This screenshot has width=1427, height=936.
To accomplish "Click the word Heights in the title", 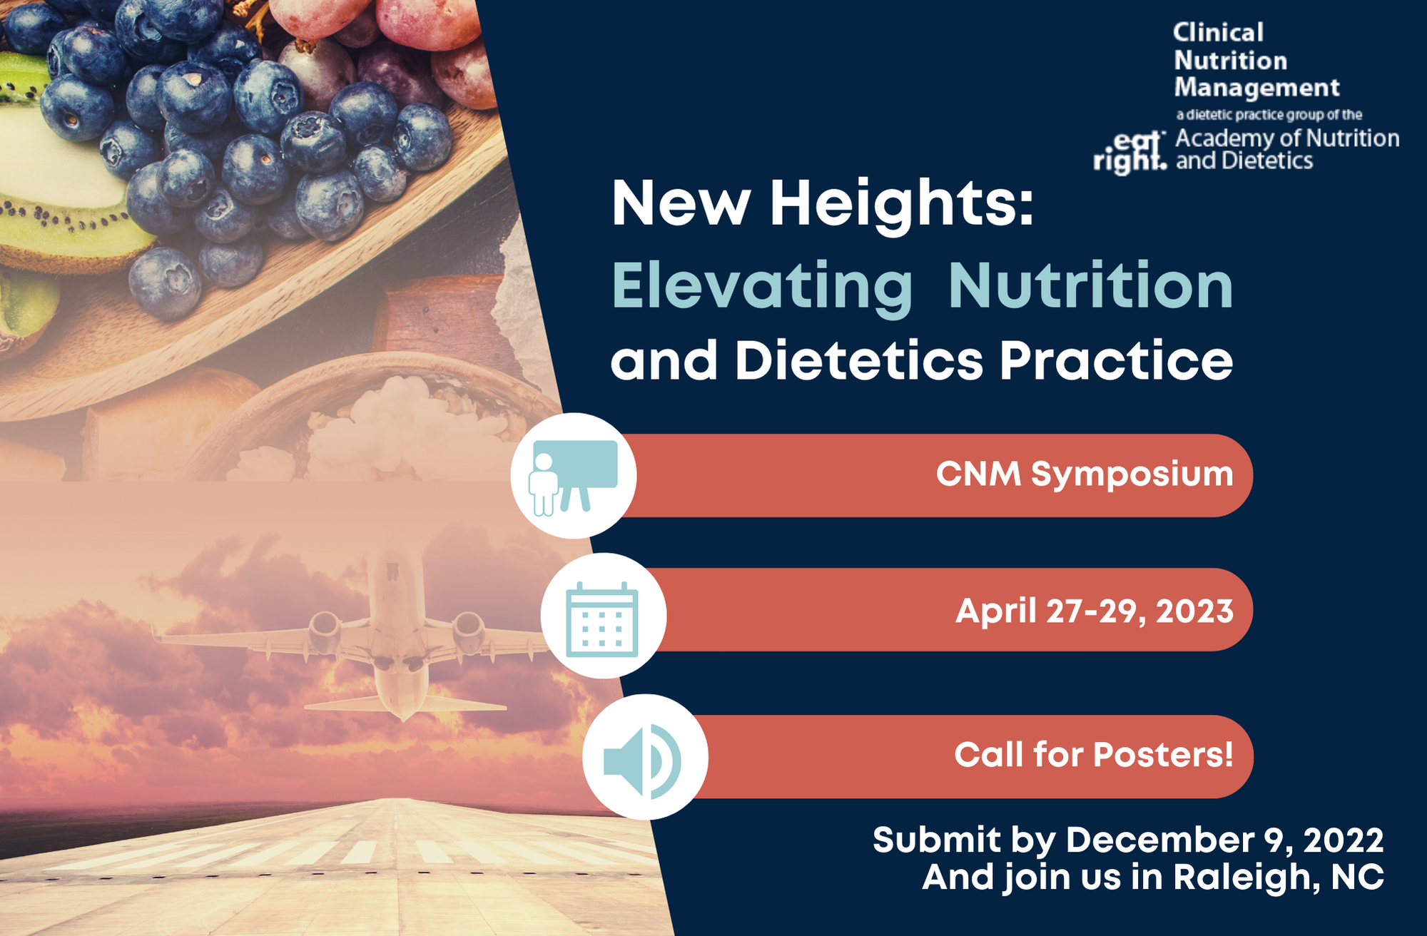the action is [902, 205].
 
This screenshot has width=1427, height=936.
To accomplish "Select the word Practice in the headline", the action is [1116, 360].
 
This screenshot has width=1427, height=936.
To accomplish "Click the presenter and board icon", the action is [573, 476].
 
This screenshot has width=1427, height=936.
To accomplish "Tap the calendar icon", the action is [602, 619].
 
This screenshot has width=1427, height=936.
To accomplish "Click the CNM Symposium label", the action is [1085, 474].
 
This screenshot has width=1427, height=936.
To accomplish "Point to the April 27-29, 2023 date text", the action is [1095, 611].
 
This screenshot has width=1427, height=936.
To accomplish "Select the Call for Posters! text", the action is [1094, 755].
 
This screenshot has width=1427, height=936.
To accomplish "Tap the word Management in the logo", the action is [1257, 88].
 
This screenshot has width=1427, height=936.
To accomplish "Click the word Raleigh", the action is [1246, 878].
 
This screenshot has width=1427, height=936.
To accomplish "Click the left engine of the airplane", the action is [325, 628].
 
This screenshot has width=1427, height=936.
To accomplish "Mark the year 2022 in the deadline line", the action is [1344, 840].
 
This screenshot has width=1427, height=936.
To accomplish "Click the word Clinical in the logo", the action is [1219, 32].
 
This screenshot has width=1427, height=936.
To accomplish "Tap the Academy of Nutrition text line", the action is [1287, 138].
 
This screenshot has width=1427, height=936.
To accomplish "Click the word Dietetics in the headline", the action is [860, 360].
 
